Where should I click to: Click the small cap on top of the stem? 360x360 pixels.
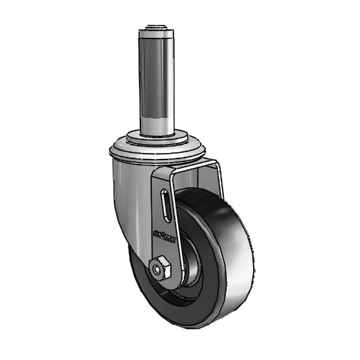(x=157, y=28)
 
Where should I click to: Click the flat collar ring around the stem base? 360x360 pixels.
(x=157, y=140)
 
